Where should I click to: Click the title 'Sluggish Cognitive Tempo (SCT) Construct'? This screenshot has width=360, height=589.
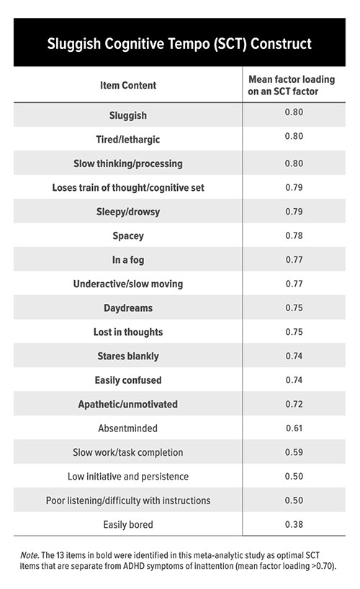[x=179, y=44]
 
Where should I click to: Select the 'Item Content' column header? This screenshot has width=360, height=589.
[x=128, y=86]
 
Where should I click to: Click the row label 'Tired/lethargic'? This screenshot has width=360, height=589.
[x=128, y=139]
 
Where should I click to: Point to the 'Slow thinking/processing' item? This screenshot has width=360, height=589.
[x=128, y=163]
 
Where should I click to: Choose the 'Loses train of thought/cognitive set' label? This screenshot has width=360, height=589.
[x=128, y=187]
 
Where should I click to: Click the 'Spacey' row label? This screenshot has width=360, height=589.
[x=128, y=235]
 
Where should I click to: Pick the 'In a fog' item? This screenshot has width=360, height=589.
[x=128, y=259]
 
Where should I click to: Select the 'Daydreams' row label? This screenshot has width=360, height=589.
[x=128, y=307]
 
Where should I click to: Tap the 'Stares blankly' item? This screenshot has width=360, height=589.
[x=128, y=356]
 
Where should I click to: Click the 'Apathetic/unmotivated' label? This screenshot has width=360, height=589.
[x=128, y=404]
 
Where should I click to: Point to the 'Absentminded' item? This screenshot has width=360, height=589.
[x=128, y=428]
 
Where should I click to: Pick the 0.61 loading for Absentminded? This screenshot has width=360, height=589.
[x=294, y=427]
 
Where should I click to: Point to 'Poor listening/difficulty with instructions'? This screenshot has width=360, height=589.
[x=128, y=500]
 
